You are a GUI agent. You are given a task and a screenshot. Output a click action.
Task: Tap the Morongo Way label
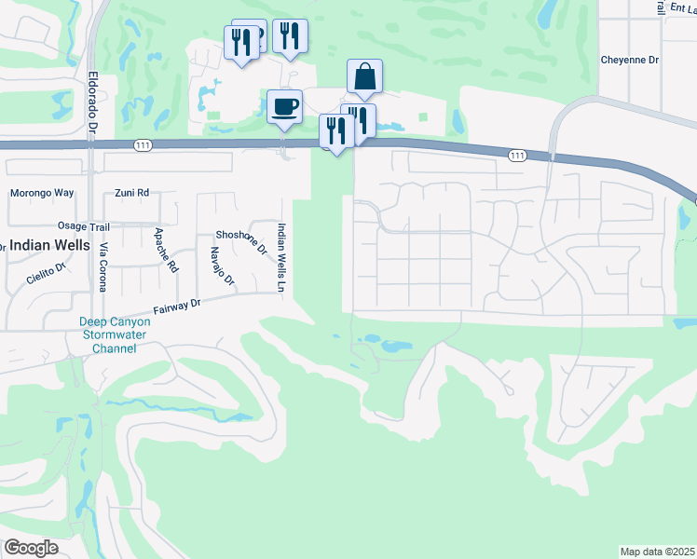pyautogui.click(x=41, y=194)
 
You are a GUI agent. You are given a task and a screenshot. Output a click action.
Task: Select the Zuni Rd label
pyautogui.click(x=131, y=194)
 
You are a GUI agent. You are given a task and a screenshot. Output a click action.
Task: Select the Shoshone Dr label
pyautogui.click(x=240, y=242)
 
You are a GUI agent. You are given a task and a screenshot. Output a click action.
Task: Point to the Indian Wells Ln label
pyautogui.click(x=279, y=259)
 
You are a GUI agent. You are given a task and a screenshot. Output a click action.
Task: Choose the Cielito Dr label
pyautogui.click(x=48, y=272)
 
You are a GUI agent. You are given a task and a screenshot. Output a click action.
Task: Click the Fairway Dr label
pyautogui.click(x=176, y=307)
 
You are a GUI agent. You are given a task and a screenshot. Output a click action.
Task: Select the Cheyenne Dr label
pyautogui.click(x=629, y=59)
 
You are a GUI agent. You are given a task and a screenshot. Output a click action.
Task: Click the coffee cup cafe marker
pyautogui.click(x=284, y=105)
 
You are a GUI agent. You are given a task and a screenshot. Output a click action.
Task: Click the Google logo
pyautogui.click(x=31, y=547)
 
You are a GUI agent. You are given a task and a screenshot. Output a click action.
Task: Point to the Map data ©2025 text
pyautogui.click(x=657, y=552)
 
